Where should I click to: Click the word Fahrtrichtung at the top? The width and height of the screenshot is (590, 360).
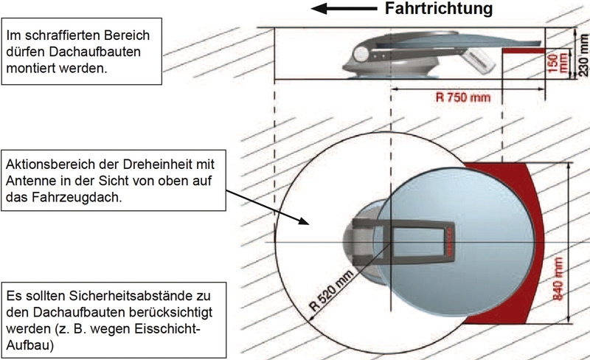pos(439,9)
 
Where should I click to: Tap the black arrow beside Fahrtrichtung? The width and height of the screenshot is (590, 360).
pos(344,9)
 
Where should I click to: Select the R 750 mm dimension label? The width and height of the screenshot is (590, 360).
pos(463,97)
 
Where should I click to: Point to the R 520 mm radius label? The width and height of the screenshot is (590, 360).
pos(331,290)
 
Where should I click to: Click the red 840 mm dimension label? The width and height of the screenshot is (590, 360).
pos(558,279)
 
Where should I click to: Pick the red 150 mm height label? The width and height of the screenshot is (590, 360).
pos(558,63)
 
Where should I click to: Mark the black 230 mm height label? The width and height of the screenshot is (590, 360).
pos(583,55)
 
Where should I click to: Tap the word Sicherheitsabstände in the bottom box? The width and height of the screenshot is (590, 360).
pos(126,296)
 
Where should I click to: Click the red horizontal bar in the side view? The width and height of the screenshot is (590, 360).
pos(524,51)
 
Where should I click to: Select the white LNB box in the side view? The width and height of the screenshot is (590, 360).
pos(479,60)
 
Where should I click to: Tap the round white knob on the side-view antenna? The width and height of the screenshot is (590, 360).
pos(361,55)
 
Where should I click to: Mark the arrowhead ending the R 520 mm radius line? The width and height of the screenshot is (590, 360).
pos(310,319)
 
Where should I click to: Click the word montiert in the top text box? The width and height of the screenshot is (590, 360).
pos(29,68)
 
